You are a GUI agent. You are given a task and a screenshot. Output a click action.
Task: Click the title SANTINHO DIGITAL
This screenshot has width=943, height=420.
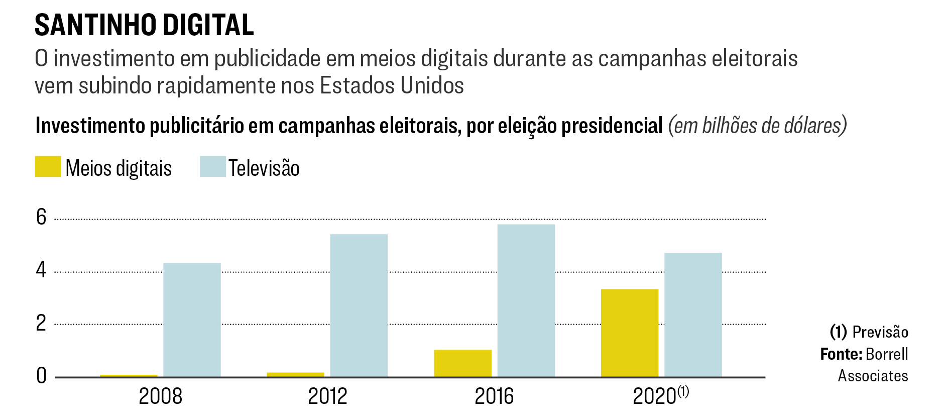pos(144,25)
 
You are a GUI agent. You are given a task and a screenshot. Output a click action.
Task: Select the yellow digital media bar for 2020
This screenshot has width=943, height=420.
pos(630,333)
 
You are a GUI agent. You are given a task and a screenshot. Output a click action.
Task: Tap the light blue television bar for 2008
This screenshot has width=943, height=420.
pos(192,320)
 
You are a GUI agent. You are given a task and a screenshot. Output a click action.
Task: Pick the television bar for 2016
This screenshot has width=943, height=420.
pos(526,300)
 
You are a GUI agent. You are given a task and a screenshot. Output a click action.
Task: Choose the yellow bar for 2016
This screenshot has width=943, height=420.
pos(462,363)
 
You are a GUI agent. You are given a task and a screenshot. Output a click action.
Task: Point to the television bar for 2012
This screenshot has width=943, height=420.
pos(359,305)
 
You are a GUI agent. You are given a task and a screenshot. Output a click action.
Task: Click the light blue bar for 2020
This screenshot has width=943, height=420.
pos(693,314)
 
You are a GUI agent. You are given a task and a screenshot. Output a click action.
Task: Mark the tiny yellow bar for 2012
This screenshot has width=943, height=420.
pos(295,374)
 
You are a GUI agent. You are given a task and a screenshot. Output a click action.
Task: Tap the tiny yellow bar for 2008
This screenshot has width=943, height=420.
pos(129,375)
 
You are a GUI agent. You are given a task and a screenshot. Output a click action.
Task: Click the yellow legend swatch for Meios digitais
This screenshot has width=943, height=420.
pos(48,167)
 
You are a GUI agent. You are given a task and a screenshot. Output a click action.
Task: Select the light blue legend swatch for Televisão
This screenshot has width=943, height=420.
pos(212,167)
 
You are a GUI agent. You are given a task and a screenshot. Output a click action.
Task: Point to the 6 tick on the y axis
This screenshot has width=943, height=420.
pos(41,217)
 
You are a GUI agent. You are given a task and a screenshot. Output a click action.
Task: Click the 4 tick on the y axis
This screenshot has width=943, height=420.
pos(41,270)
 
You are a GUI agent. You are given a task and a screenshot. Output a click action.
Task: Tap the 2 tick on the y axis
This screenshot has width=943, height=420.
pos(41,323)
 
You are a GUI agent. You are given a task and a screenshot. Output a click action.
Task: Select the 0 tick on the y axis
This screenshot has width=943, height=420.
pos(41,376)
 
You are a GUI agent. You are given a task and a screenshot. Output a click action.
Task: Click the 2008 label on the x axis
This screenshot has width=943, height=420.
pos(160,396)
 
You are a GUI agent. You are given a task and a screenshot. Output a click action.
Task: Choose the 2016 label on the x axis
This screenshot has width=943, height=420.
pos(494,396)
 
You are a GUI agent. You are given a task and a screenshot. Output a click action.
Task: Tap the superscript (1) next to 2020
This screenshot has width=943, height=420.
pos(683,391)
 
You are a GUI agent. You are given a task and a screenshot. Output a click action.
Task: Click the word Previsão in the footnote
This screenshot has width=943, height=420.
pos(880,332)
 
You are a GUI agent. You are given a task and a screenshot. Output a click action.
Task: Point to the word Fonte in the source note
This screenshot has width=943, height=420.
pos(841,354)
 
